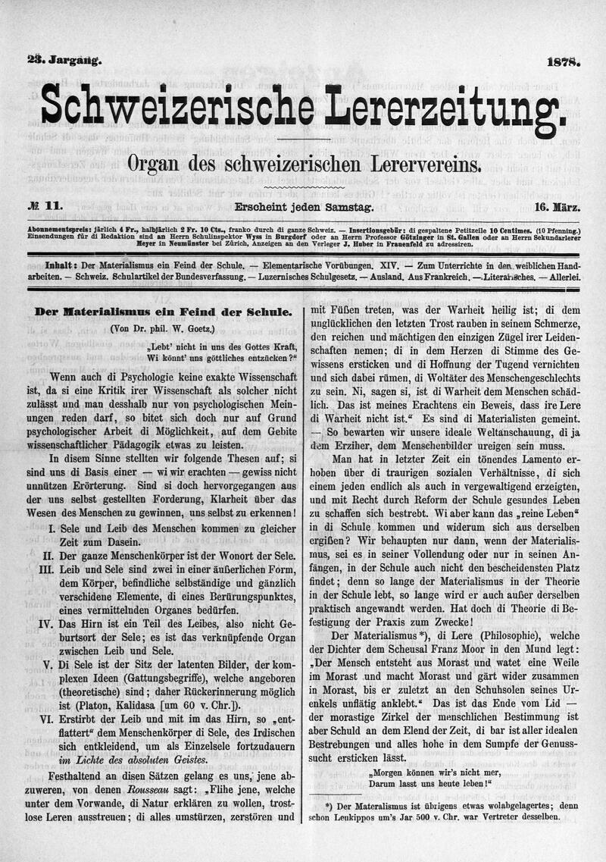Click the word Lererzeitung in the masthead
(444, 106)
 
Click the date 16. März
(557, 206)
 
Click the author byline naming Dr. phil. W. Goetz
(161, 328)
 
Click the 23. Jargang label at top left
(64, 63)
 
